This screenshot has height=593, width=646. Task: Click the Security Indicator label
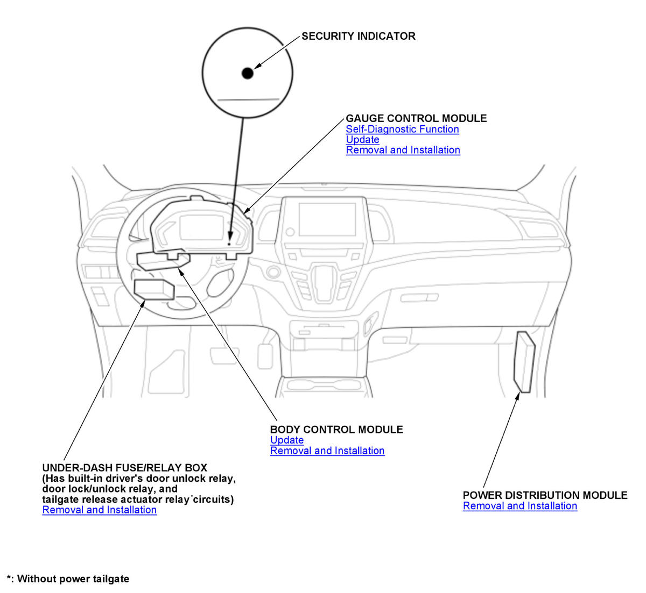click(358, 37)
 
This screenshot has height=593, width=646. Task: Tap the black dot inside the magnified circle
click(247, 73)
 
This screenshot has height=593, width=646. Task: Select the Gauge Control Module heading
click(416, 118)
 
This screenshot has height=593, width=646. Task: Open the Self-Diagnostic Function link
click(402, 129)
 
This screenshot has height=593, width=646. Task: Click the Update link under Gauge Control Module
click(362, 140)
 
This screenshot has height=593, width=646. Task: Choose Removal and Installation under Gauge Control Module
click(403, 150)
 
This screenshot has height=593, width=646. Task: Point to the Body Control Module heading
click(336, 430)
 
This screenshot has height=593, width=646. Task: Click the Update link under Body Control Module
click(286, 440)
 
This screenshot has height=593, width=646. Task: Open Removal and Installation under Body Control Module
click(327, 451)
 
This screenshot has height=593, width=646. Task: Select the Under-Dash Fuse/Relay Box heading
click(124, 468)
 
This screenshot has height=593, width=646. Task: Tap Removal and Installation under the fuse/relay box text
click(99, 510)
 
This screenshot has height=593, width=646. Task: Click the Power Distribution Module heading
click(545, 495)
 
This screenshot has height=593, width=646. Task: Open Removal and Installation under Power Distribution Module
click(519, 506)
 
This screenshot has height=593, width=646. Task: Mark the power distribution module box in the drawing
click(525, 362)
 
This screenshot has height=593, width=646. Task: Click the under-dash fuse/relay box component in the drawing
click(154, 289)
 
